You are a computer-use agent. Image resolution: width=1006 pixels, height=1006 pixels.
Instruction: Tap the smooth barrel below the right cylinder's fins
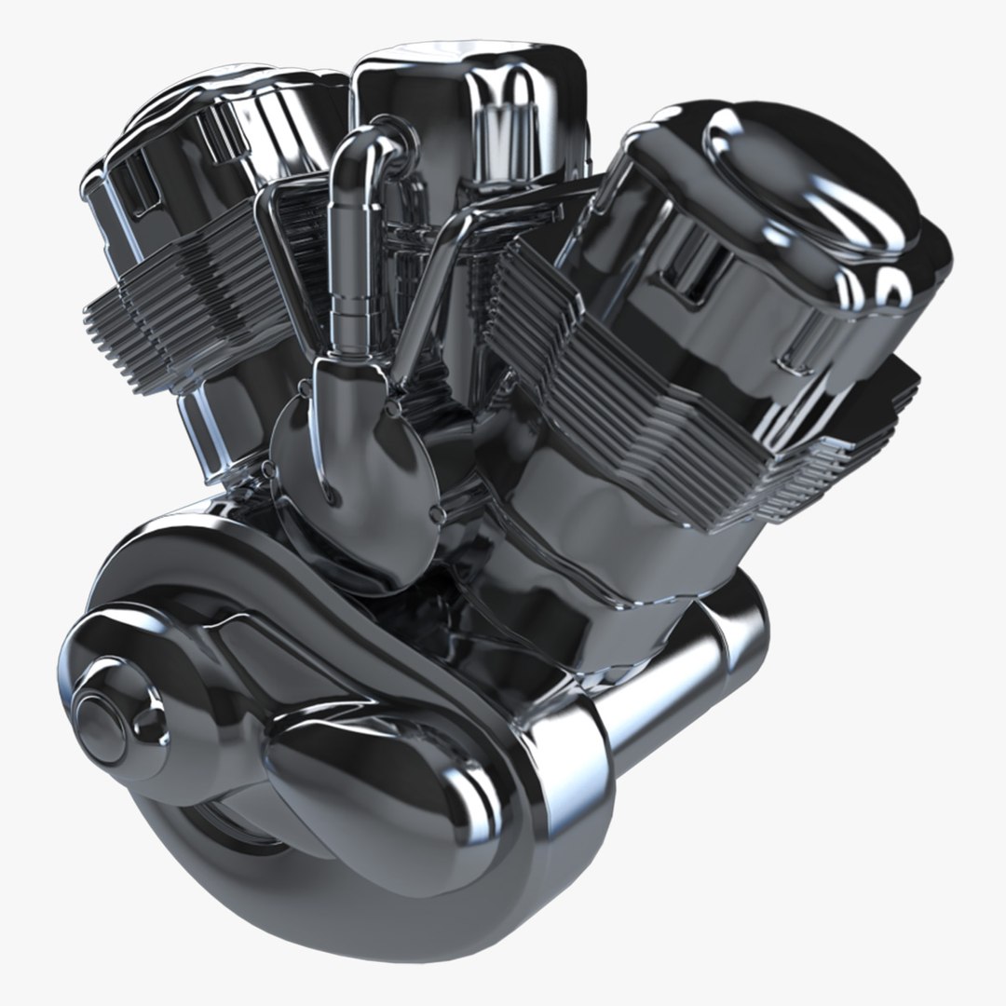click(596, 522)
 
